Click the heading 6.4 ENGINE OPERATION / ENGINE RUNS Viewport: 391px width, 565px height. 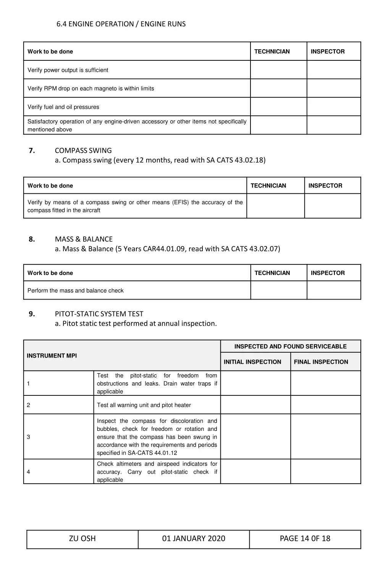(121, 24)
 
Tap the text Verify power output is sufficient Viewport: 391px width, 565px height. (68, 70)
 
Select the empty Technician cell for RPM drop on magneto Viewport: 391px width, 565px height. (278, 88)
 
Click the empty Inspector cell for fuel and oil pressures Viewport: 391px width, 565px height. (333, 107)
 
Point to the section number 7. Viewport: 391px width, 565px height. (32, 151)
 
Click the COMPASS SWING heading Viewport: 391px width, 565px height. (83, 151)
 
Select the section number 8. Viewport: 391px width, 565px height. (32, 239)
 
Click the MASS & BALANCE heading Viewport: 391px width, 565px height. (84, 239)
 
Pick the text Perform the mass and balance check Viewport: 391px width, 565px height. (76, 291)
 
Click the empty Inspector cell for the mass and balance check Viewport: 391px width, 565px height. (333, 290)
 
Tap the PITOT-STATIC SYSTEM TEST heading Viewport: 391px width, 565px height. (99, 314)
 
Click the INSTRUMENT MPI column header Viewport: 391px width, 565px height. (52, 356)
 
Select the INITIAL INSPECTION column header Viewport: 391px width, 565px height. (252, 362)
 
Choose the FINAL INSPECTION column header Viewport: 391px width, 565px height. (321, 362)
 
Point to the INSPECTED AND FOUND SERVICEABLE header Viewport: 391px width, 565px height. (290, 346)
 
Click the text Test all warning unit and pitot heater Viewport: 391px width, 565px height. (144, 405)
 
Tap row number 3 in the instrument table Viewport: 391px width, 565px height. (28, 437)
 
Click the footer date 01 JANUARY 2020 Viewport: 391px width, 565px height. (194, 539)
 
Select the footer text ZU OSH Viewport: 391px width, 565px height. (82, 539)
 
